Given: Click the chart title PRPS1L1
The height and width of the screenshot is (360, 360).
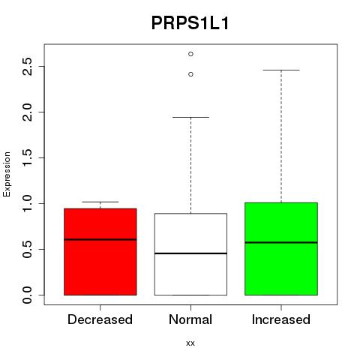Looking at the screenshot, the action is coord(190,23).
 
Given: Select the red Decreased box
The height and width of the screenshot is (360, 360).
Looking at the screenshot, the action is coord(100,252).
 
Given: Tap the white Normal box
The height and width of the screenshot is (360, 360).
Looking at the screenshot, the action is coord(190,254).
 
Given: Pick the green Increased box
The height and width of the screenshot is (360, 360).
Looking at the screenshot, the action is coord(281,249).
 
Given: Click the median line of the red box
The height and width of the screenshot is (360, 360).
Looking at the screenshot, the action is coord(100,239).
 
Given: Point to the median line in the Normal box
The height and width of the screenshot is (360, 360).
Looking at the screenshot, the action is coord(190,253).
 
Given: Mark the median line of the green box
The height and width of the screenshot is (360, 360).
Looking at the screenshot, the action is coord(281,242).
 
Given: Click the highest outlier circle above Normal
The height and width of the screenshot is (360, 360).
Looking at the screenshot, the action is coord(190,54).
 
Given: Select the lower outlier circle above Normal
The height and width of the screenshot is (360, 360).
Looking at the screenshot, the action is coord(190,74).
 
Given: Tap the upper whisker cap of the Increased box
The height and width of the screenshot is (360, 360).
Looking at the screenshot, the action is coord(281,70).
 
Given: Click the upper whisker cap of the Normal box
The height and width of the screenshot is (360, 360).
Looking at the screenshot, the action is coord(190,117).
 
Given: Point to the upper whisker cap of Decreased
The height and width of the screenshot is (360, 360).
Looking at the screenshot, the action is coord(100,202).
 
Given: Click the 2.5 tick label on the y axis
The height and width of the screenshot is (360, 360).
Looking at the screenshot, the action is coord(27,67).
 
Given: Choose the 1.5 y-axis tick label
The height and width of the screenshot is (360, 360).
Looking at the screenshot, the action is coord(27,157).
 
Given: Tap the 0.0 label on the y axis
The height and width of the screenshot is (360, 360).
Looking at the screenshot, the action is coord(27,295).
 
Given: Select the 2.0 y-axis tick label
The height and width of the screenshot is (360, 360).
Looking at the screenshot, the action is coord(27,112).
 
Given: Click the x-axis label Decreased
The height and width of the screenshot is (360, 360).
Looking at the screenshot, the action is coord(100,319).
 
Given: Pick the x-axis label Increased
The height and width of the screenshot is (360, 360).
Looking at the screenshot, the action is coord(281,319).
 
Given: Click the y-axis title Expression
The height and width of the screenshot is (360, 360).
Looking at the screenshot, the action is coord(7,174).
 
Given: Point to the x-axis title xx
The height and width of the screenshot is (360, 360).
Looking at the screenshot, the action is coord(190,343).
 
